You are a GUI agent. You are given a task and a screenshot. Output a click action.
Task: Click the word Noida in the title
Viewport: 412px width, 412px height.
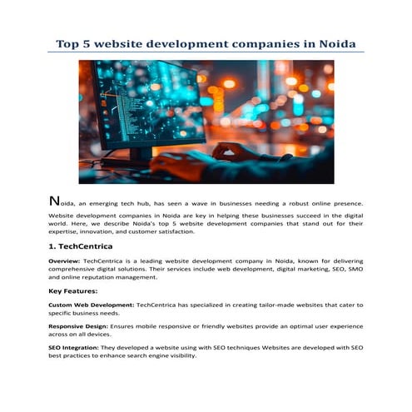tap(332, 42)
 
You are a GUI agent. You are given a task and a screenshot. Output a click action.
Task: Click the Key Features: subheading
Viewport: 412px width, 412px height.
tap(73, 291)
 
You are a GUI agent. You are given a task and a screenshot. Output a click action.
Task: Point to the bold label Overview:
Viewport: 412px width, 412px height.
tap(65, 261)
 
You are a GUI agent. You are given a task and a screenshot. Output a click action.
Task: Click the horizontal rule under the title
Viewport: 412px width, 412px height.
tap(206, 52)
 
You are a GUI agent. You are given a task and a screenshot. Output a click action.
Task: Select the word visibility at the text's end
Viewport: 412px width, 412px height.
tap(179, 355)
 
